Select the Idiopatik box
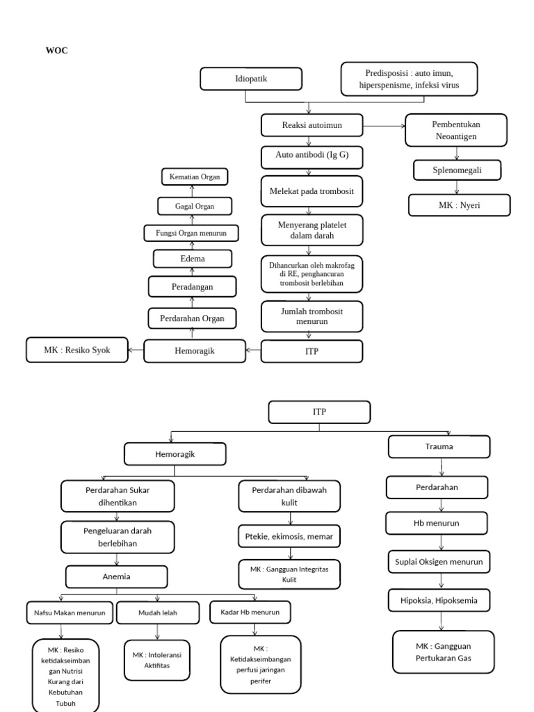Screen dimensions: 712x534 (251, 79)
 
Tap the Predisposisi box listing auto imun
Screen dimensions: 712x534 (410, 79)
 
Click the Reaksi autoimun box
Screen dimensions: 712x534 (311, 125)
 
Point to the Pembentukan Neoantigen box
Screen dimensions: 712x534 (456, 131)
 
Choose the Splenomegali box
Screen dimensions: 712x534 (456, 170)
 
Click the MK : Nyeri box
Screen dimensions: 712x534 (459, 205)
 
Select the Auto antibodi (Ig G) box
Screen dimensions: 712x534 (311, 156)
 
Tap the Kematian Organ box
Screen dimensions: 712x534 (194, 177)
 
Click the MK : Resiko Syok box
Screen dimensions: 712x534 (77, 350)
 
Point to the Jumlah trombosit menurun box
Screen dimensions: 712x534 (311, 317)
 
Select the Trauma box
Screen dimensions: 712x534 (439, 446)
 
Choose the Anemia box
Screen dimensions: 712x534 (118, 576)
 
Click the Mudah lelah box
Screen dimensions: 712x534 (158, 613)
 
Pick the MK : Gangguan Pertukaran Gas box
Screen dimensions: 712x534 (443, 652)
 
